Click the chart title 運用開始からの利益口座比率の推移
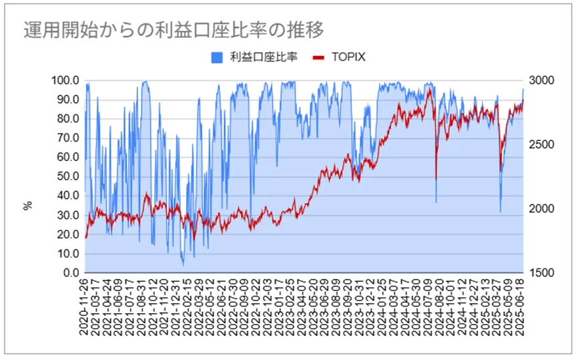pos(174,29)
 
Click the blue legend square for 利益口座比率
pos(217,57)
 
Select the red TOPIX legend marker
pos(318,57)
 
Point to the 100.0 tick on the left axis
pos(65,80)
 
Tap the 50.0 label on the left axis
pos(68,176)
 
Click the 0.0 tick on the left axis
pos(71,273)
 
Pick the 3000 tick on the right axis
pos(541,80)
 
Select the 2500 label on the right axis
pos(541,144)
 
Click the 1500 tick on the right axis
pos(541,273)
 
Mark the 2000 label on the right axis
pos(541,209)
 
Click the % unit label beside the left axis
pos(28,206)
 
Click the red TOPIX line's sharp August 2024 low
pos(436,179)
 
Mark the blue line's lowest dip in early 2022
pos(183,265)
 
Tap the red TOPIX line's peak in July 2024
pos(429,89)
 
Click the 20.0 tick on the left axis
pos(68,234)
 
